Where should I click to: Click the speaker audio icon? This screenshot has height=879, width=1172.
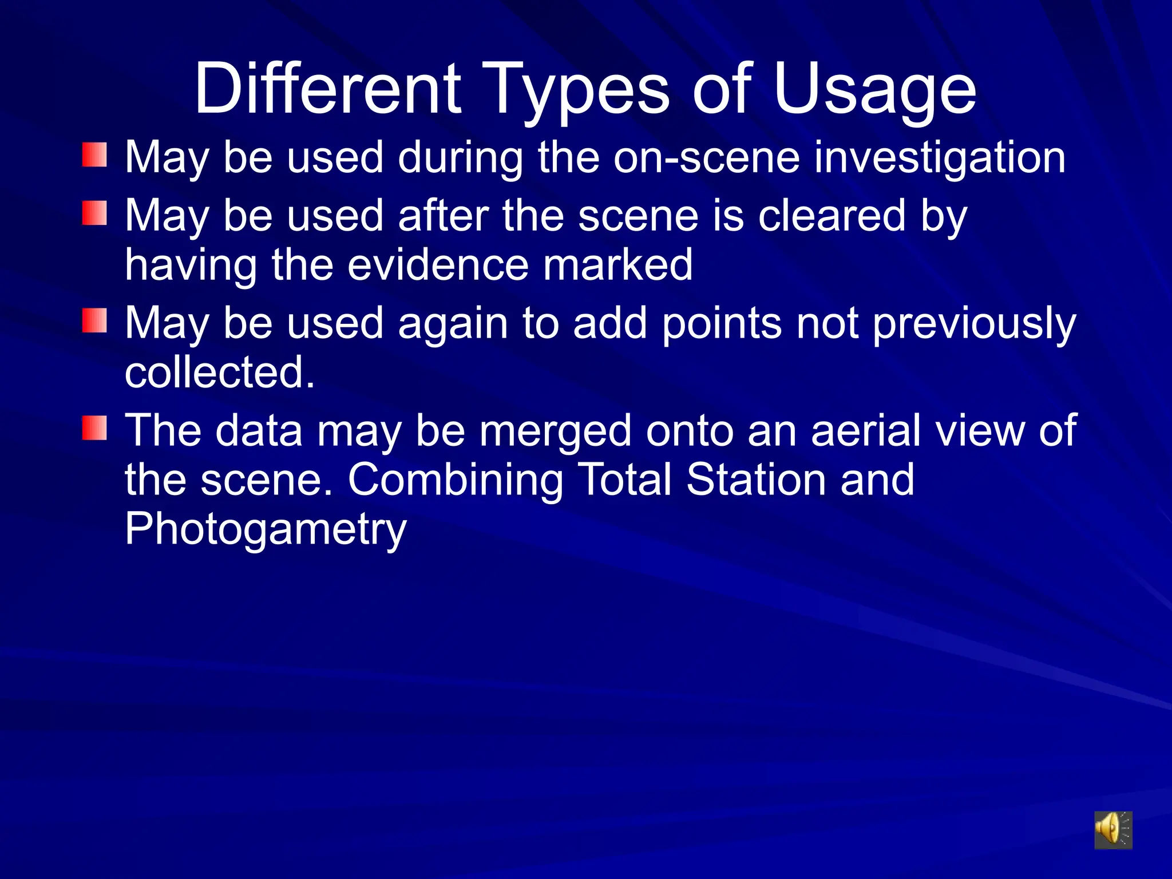point(1113,829)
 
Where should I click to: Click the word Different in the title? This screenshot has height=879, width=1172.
point(327,89)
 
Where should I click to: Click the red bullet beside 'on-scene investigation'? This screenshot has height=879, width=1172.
point(94,155)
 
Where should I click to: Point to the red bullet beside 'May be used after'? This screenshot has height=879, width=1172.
point(94,213)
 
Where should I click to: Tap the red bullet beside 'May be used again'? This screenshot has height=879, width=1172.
point(94,320)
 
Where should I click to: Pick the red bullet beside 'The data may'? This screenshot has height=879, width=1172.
point(94,428)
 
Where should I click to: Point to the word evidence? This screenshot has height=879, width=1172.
point(438,265)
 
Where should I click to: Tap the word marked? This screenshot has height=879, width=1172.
point(617,265)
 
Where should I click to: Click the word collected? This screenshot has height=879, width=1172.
point(220,372)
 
